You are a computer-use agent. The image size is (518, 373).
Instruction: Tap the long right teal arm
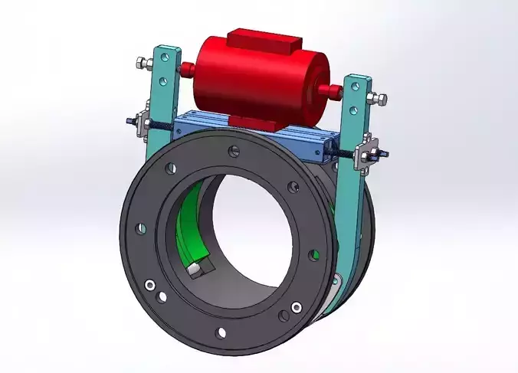pyautogui.click(x=354, y=191)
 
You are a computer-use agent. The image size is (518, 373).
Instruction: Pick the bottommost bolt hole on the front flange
pyautogui.click(x=222, y=331)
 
